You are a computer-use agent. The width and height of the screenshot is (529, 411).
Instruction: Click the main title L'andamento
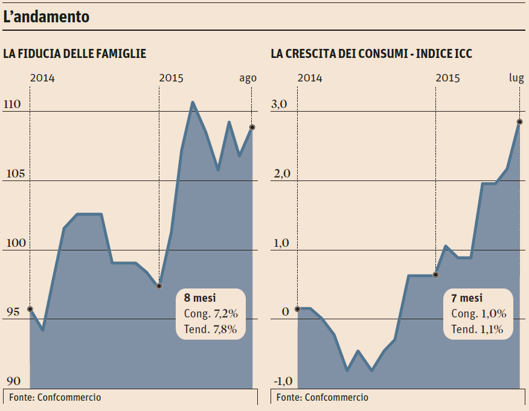tap(46, 18)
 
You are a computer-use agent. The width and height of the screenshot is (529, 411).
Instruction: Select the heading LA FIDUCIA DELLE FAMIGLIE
tap(75, 54)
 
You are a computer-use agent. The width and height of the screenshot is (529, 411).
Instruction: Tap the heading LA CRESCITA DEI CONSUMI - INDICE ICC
tap(371, 54)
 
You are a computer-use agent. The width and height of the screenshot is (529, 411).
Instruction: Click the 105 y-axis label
tap(12, 174)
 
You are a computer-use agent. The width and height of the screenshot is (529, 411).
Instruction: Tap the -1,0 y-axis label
tap(282, 381)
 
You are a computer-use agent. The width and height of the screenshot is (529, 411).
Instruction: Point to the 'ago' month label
tap(248, 78)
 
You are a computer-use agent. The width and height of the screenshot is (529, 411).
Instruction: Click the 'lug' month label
tap(516, 78)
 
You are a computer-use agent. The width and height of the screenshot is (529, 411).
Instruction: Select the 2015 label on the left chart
tap(171, 78)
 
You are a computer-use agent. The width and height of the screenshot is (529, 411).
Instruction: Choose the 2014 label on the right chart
tap(310, 78)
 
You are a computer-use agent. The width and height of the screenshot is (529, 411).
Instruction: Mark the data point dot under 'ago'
tap(252, 127)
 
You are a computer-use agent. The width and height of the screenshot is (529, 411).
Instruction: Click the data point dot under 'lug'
tap(519, 122)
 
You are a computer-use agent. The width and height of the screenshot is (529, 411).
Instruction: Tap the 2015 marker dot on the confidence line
tap(159, 285)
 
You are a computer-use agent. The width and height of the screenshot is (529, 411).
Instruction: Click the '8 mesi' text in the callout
tap(200, 298)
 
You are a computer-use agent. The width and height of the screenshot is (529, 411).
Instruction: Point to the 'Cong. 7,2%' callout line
tap(211, 313)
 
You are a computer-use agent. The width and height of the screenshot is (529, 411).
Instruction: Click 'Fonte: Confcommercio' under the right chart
tap(322, 397)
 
